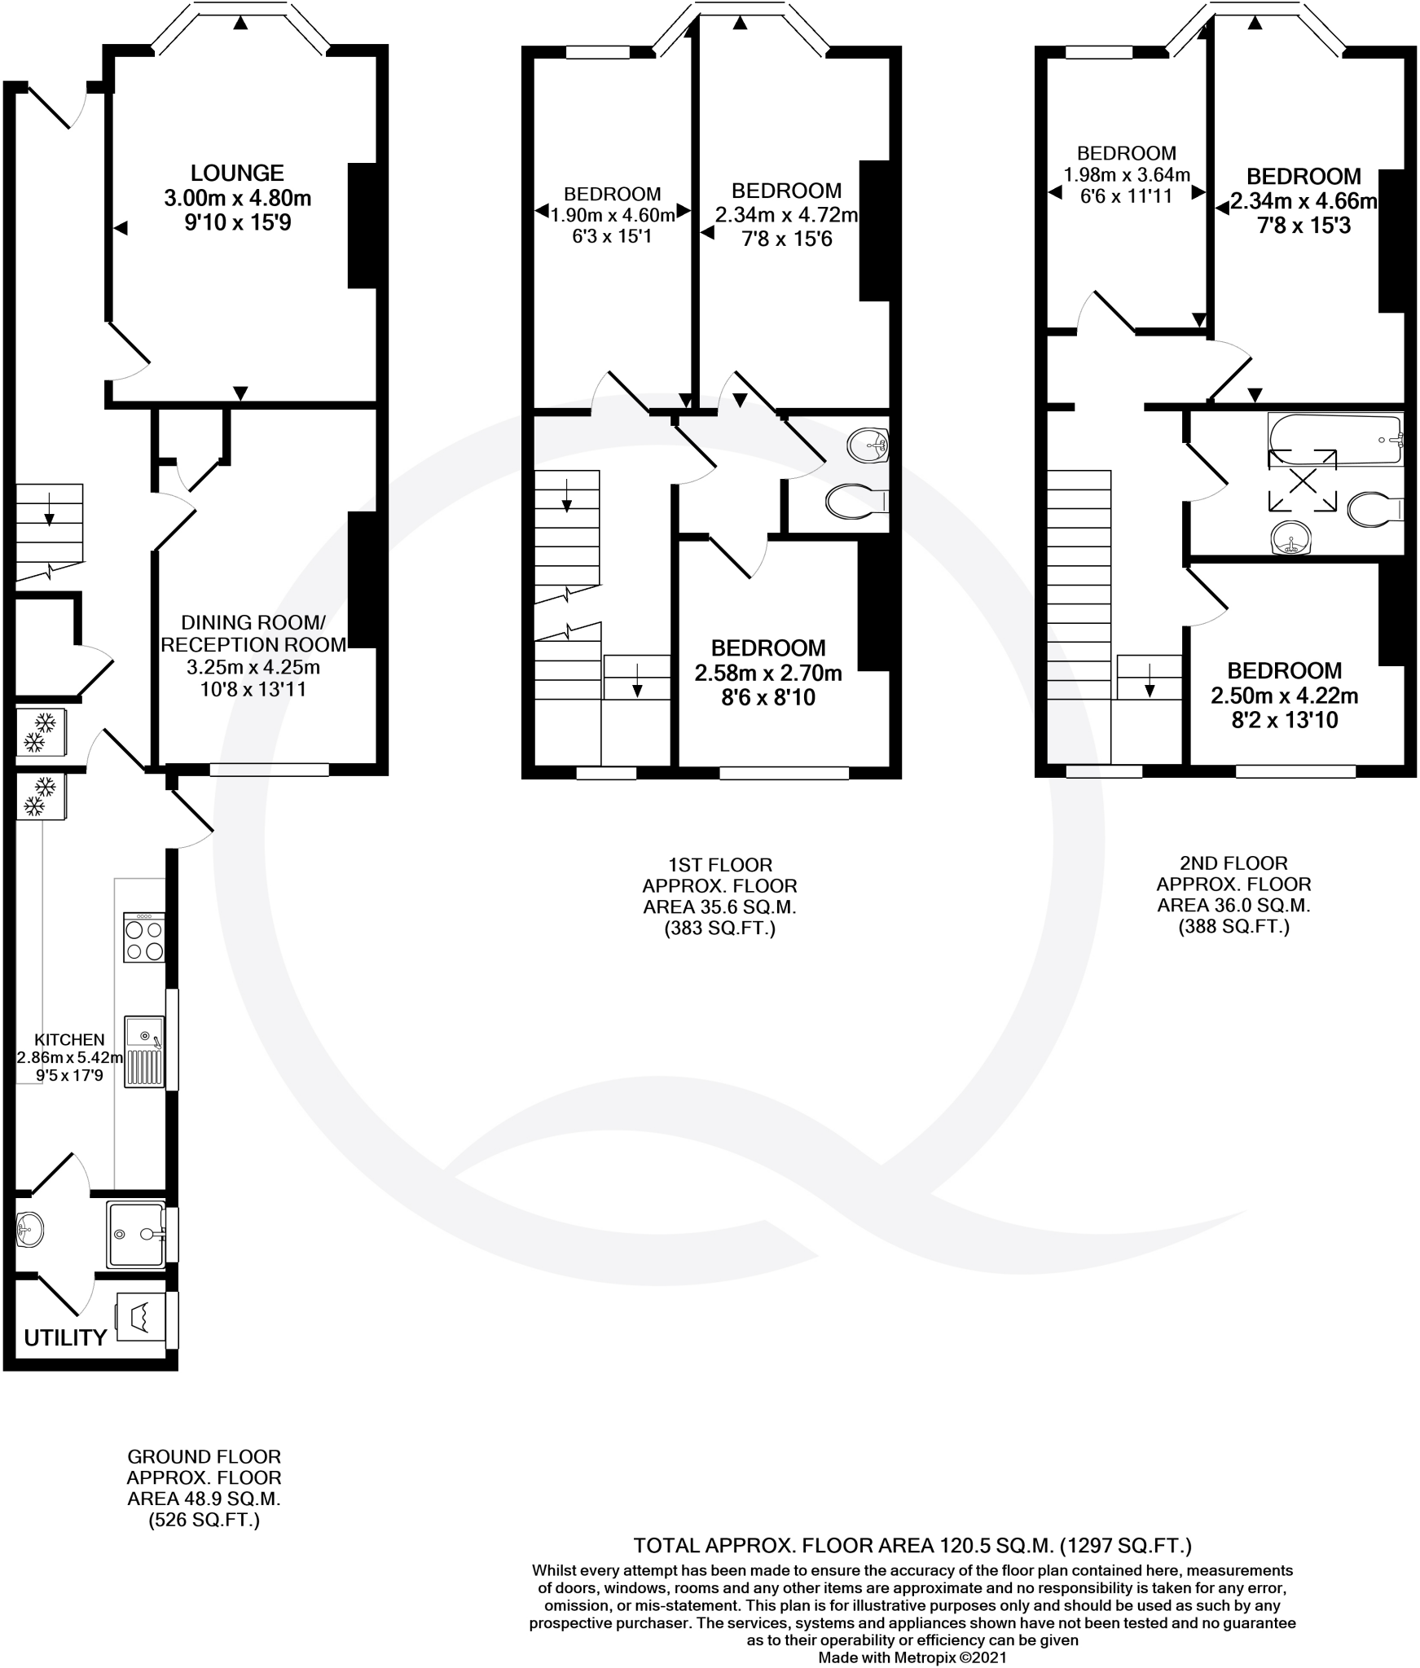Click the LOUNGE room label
pyautogui.click(x=237, y=173)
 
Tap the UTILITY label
pyautogui.click(x=65, y=1337)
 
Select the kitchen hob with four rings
pyautogui.click(x=144, y=937)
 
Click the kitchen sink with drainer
pyautogui.click(x=144, y=1051)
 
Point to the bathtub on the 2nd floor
pyautogui.click(x=1335, y=440)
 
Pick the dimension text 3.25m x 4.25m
pyautogui.click(x=253, y=668)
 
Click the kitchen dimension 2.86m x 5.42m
pyautogui.click(x=71, y=1058)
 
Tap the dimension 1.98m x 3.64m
pyautogui.click(x=1127, y=174)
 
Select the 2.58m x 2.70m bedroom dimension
pyautogui.click(x=768, y=674)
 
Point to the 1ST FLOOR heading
pyautogui.click(x=720, y=864)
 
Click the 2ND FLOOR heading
pyautogui.click(x=1234, y=863)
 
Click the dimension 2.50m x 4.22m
pyautogui.click(x=1285, y=696)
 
